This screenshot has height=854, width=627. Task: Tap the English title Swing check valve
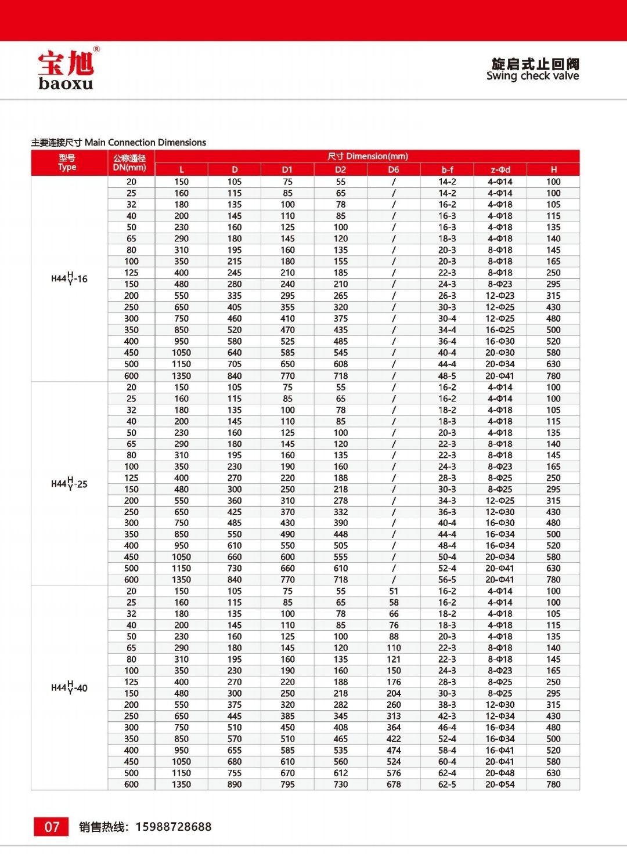[x=532, y=76]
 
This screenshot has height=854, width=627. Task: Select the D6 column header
[x=394, y=169]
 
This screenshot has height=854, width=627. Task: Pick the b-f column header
[x=447, y=169]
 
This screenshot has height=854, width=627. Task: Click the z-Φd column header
[x=500, y=169]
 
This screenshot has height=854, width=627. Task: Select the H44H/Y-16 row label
[x=69, y=278]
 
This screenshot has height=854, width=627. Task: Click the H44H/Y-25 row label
[x=69, y=484]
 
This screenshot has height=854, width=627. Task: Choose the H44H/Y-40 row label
[x=69, y=688]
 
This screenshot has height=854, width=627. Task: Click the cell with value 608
[x=341, y=364]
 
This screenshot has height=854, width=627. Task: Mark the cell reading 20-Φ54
[x=500, y=784]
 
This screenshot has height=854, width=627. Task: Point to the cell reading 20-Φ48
[x=500, y=773]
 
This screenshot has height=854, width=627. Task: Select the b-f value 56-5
[x=447, y=580]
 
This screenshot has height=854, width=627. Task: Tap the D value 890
[x=235, y=784]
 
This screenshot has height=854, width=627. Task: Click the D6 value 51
[x=394, y=591]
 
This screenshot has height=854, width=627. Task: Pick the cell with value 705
[x=235, y=364]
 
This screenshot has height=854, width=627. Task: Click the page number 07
[x=52, y=827]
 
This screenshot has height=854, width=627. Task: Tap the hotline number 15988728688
[x=174, y=827]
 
